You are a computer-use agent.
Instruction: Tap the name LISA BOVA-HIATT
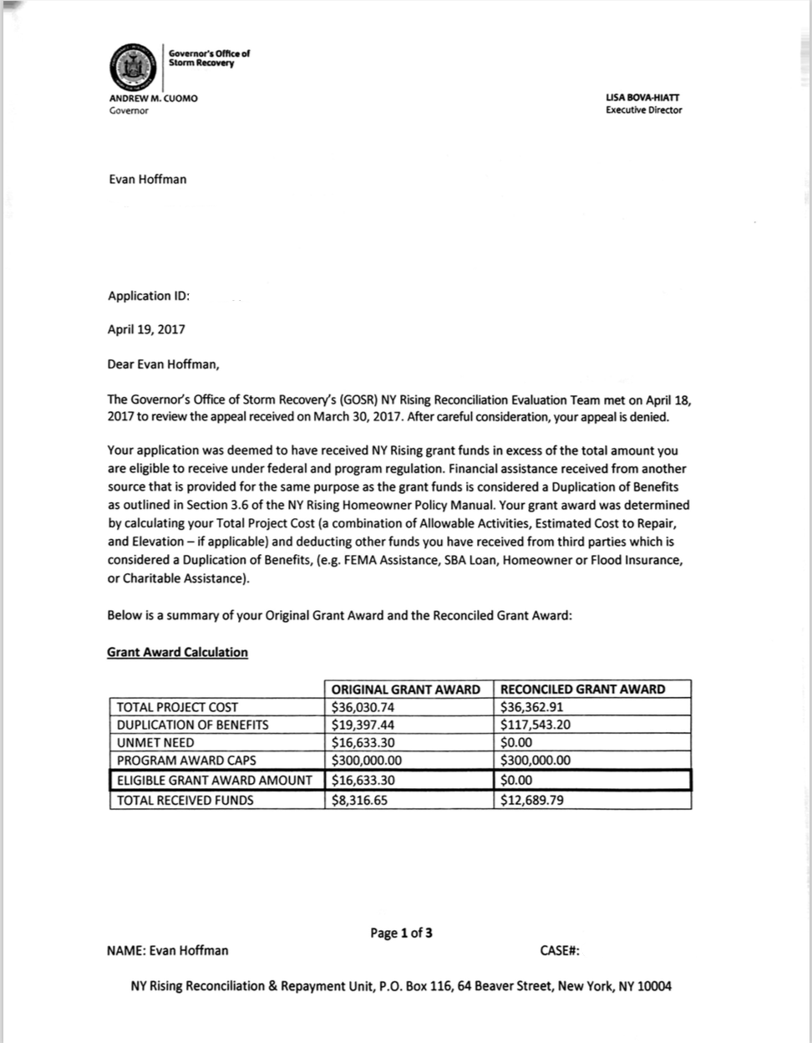pyautogui.click(x=644, y=99)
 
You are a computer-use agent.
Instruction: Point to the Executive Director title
pyautogui.click(x=644, y=110)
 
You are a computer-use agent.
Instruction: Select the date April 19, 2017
pyautogui.click(x=146, y=329)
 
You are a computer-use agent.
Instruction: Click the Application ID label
pyautogui.click(x=149, y=296)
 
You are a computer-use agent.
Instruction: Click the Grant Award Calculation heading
pyautogui.click(x=177, y=652)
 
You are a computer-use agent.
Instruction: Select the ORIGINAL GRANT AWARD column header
pyautogui.click(x=406, y=689)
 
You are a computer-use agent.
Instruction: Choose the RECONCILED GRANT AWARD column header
pyautogui.click(x=582, y=689)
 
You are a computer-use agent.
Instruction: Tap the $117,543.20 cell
pyautogui.click(x=535, y=725)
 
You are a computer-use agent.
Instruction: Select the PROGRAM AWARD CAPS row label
pyautogui.click(x=186, y=761)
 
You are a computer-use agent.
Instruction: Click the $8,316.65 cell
pyautogui.click(x=360, y=800)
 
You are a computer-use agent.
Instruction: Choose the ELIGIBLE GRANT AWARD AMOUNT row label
pyautogui.click(x=214, y=781)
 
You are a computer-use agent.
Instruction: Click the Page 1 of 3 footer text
pyautogui.click(x=401, y=933)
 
